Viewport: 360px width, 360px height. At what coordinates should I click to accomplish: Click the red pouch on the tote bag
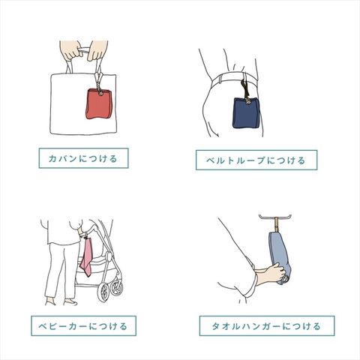pyautogui.click(x=99, y=103)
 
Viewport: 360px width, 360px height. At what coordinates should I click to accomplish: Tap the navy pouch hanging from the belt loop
pyautogui.click(x=247, y=113)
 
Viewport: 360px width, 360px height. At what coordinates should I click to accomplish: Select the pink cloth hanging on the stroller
pyautogui.click(x=86, y=256)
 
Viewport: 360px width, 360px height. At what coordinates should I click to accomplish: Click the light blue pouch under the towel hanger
pyautogui.click(x=280, y=257)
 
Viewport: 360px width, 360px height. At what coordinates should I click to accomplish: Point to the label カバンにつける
pyautogui.click(x=83, y=158)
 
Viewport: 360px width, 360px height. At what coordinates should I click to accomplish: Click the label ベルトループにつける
pyautogui.click(x=256, y=160)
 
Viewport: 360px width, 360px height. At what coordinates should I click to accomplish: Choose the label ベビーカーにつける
pyautogui.click(x=83, y=326)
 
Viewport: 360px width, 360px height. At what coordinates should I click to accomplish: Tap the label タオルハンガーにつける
pyautogui.click(x=267, y=326)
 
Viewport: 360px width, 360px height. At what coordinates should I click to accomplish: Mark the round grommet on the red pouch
pyautogui.click(x=100, y=94)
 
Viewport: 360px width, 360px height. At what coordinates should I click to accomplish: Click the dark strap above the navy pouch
pyautogui.click(x=244, y=89)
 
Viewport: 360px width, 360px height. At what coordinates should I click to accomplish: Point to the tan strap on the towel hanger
pyautogui.click(x=277, y=224)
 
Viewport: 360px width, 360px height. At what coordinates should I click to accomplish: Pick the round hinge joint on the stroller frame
pyautogui.click(x=109, y=256)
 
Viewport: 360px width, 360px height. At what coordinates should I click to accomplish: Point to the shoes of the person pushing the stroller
pyautogui.click(x=62, y=301)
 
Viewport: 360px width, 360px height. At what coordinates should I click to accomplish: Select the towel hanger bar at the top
pyautogui.click(x=275, y=217)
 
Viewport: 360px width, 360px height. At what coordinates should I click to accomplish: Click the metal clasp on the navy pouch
pyautogui.click(x=247, y=101)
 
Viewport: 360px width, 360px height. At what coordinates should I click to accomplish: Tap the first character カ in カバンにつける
pyautogui.click(x=52, y=158)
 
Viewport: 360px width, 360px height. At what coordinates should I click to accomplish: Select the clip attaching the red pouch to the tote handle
pyautogui.click(x=98, y=80)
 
